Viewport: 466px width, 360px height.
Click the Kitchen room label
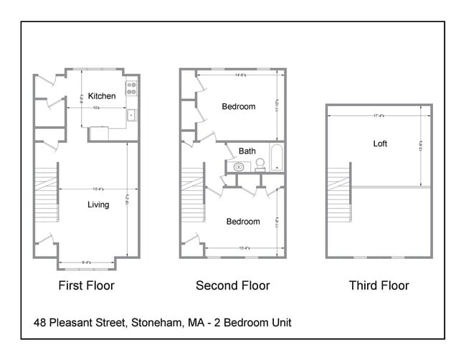pyautogui.click(x=102, y=96)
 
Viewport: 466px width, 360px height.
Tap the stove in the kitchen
pyautogui.click(x=132, y=89)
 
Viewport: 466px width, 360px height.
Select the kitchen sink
pyautogui.click(x=131, y=115)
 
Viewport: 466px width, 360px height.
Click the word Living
pyautogui.click(x=98, y=205)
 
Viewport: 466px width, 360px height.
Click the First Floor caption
pyautogui.click(x=86, y=285)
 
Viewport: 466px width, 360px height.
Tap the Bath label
pyautogui.click(x=247, y=151)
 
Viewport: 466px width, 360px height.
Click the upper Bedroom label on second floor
pyautogui.click(x=239, y=107)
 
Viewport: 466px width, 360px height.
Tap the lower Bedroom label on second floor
pyautogui.click(x=243, y=222)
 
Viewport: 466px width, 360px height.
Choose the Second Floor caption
pyautogui.click(x=233, y=285)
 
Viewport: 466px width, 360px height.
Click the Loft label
pyautogui.click(x=380, y=143)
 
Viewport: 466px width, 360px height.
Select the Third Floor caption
pyautogui.click(x=379, y=285)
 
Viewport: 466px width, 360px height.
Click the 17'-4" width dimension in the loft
pyautogui.click(x=379, y=115)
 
